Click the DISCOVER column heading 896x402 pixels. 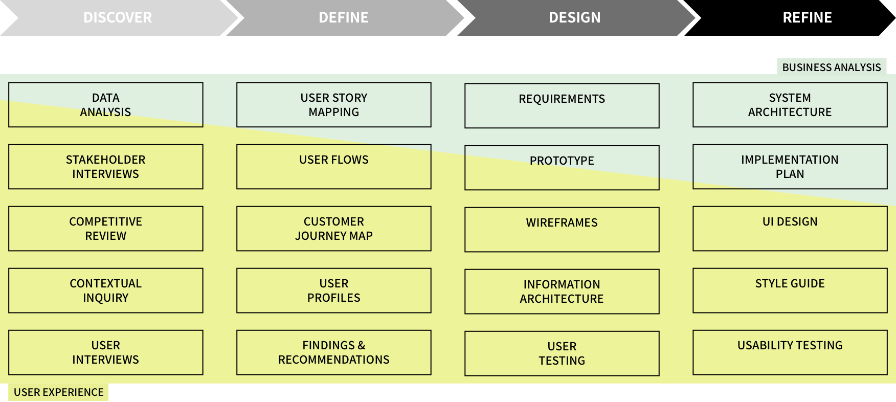pyautogui.click(x=118, y=17)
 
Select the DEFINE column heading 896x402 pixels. pyautogui.click(x=344, y=17)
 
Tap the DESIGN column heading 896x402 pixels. pyautogui.click(x=574, y=17)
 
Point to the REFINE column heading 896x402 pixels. pyautogui.click(x=807, y=17)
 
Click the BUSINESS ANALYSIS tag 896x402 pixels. pyautogui.click(x=832, y=67)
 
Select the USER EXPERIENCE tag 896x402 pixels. pyautogui.click(x=58, y=392)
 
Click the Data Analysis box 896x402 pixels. pyautogui.click(x=106, y=105)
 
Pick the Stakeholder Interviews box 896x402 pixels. pyautogui.click(x=106, y=167)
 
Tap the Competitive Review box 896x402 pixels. pyautogui.click(x=106, y=229)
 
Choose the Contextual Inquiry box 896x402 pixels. pyautogui.click(x=106, y=291)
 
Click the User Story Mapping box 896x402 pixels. pyautogui.click(x=334, y=105)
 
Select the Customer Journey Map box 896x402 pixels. pyautogui.click(x=334, y=229)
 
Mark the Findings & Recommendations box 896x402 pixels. pyautogui.click(x=334, y=352)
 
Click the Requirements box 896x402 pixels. pyautogui.click(x=562, y=106)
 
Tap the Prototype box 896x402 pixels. pyautogui.click(x=562, y=168)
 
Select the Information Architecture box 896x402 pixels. pyautogui.click(x=562, y=292)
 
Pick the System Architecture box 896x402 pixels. pyautogui.click(x=790, y=105)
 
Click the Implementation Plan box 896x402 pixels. pyautogui.click(x=790, y=167)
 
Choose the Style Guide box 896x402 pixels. pyautogui.click(x=790, y=291)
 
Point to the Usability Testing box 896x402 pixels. pyautogui.click(x=790, y=352)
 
